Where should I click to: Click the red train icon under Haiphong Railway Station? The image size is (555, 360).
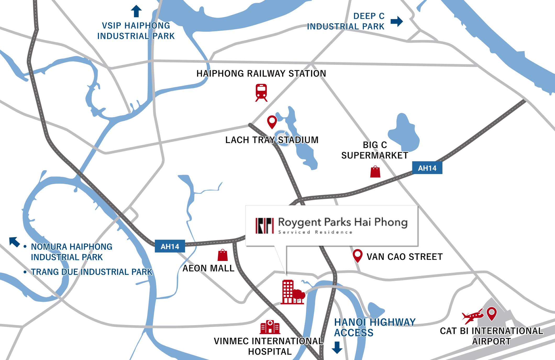click(261, 92)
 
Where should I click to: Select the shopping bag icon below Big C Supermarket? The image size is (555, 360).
click(375, 172)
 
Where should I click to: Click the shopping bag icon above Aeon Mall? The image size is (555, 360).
click(223, 255)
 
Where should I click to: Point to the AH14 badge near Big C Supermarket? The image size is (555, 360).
click(427, 168)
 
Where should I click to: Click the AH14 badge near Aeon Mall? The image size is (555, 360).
click(170, 246)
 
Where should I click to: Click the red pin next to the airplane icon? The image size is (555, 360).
click(492, 313)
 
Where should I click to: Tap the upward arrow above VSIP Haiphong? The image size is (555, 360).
click(136, 11)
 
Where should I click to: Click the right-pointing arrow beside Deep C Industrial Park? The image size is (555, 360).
click(397, 21)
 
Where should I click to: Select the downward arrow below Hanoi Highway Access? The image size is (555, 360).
click(337, 347)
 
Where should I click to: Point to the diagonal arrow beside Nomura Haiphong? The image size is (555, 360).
click(14, 242)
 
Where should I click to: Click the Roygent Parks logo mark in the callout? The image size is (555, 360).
click(265, 226)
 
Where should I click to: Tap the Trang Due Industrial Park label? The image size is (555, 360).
click(92, 272)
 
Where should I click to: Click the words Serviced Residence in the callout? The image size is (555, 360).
click(315, 232)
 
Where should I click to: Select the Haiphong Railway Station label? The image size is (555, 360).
click(261, 74)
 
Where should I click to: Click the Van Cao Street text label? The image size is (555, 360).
click(404, 257)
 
